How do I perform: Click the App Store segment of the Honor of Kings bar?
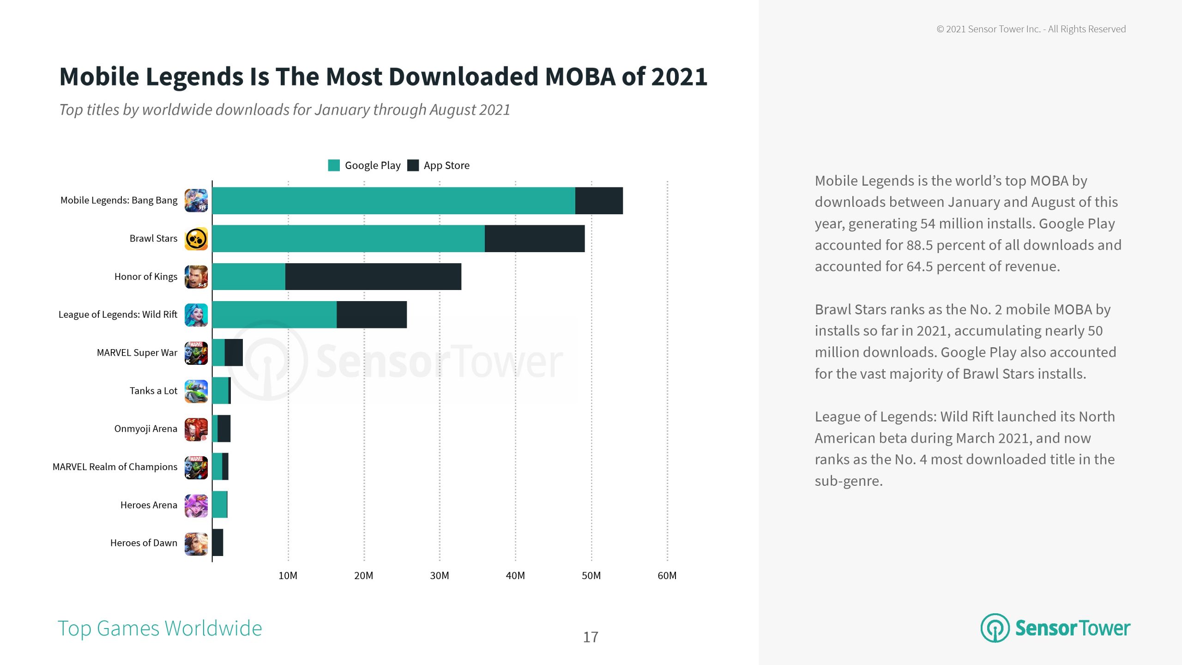point(373,277)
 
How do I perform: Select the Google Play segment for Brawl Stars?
point(348,239)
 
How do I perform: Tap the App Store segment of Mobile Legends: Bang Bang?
point(599,201)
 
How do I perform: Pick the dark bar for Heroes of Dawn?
point(217,543)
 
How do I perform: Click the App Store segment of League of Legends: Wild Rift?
point(372,315)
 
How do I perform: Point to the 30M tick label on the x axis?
point(439,575)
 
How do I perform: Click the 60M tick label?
point(667,575)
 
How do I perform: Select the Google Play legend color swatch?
point(334,165)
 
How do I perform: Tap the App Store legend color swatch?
point(413,165)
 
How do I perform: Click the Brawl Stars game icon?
point(196,239)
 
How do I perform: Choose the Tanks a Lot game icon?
point(196,391)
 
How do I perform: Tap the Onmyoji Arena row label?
point(145,429)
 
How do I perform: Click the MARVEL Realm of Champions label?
point(115,467)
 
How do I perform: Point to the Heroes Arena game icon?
point(196,505)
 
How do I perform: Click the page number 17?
point(591,637)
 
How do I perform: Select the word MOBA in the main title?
point(580,77)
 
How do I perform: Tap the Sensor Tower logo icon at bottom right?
point(995,628)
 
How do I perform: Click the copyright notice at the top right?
point(1031,29)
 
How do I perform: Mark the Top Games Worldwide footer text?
point(160,629)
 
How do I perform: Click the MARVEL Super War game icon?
point(196,353)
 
